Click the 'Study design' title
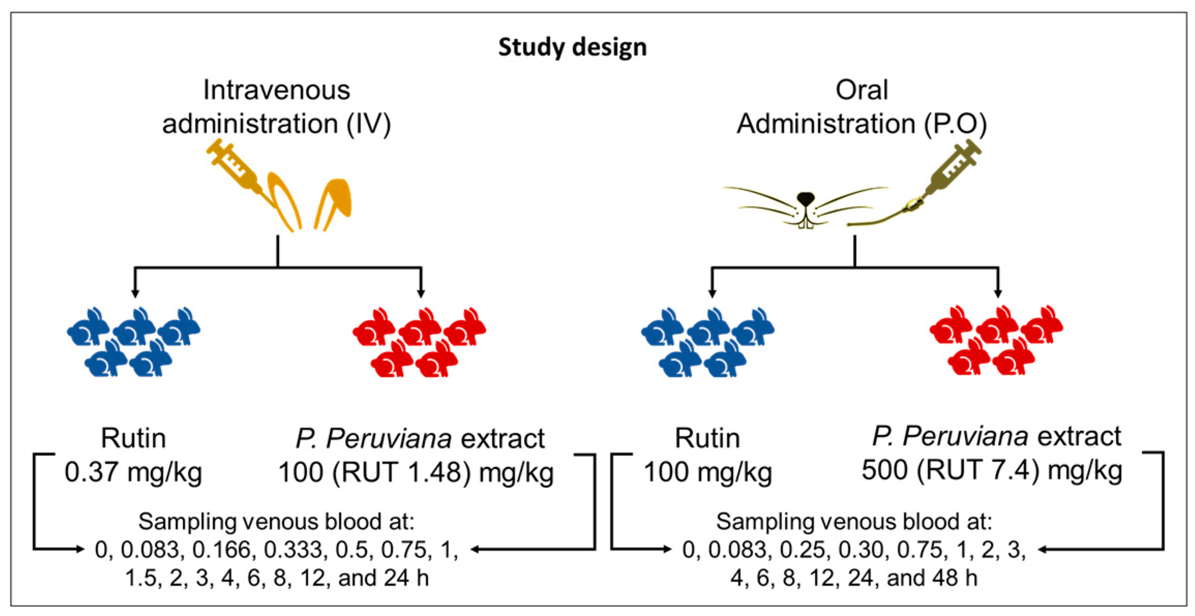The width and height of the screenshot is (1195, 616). (x=572, y=48)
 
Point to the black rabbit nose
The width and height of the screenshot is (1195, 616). (x=805, y=198)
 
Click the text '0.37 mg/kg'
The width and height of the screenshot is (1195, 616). (x=133, y=472)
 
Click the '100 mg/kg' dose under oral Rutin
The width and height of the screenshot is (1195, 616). (x=707, y=472)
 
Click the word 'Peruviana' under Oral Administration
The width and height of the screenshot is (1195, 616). (x=965, y=437)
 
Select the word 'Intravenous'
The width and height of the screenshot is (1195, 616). (x=276, y=90)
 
